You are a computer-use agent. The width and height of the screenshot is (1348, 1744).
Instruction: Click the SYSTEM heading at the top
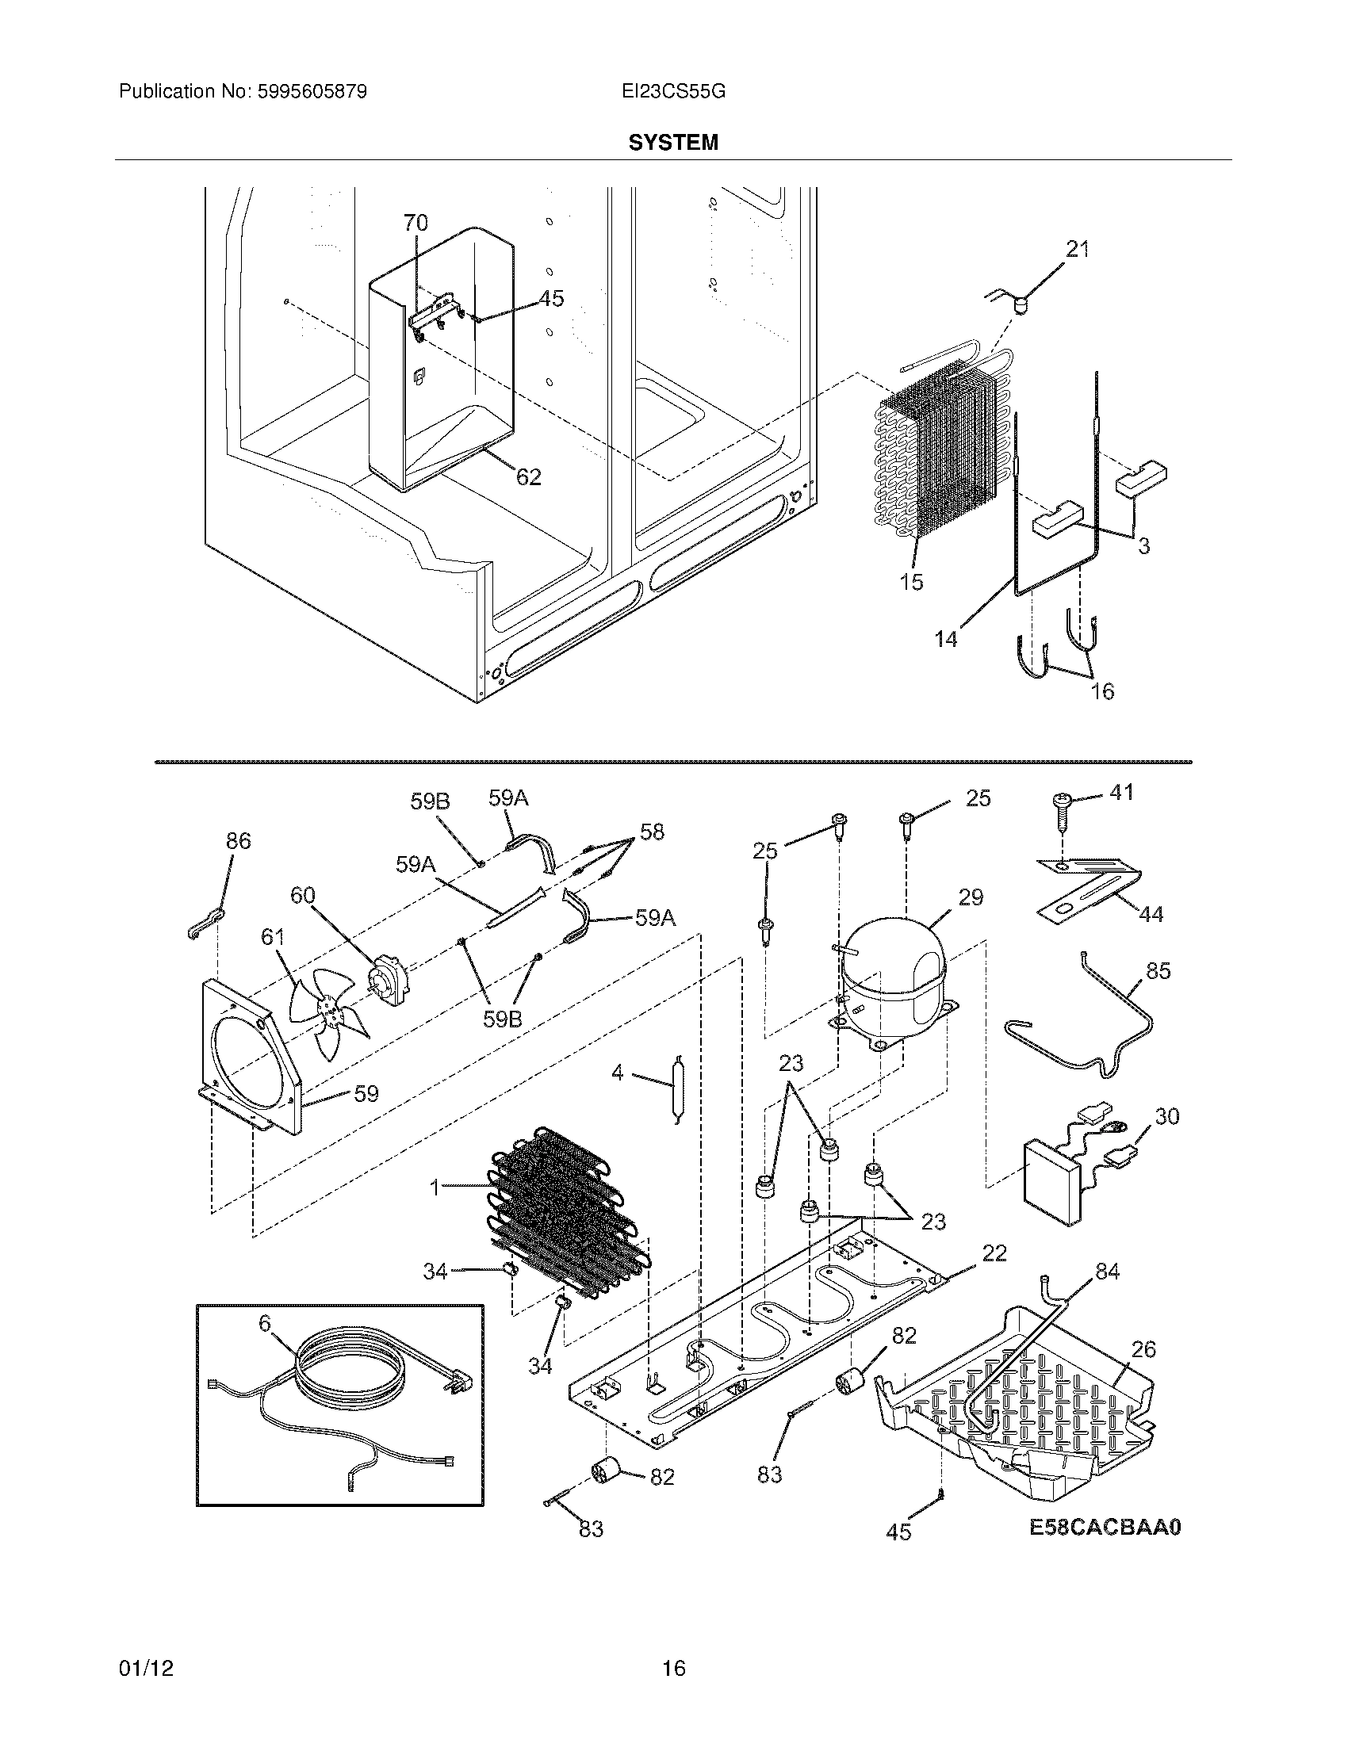pyautogui.click(x=673, y=142)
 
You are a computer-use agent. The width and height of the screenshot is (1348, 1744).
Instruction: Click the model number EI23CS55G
pyautogui.click(x=673, y=91)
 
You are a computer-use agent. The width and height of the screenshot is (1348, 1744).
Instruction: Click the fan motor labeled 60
pyautogui.click(x=389, y=981)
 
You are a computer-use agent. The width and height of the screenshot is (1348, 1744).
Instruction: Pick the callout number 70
pyautogui.click(x=416, y=223)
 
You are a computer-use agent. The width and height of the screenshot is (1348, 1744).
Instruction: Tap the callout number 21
pyautogui.click(x=1078, y=249)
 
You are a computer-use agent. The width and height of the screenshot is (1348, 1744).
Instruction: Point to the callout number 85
pyautogui.click(x=1158, y=971)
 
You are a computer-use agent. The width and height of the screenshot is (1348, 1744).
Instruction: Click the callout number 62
pyautogui.click(x=528, y=476)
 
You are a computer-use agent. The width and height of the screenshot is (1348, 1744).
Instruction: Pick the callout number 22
pyautogui.click(x=994, y=1253)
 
